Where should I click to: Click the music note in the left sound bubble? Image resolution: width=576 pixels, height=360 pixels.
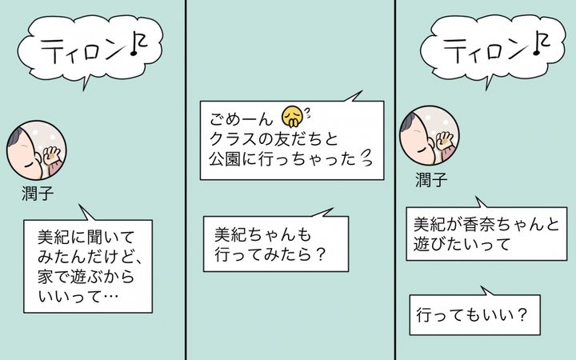pyautogui.click(x=138, y=42)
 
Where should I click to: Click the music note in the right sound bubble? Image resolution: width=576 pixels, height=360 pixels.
pyautogui.click(x=542, y=42)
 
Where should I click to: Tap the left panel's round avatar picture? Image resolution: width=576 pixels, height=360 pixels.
pyautogui.click(x=36, y=150)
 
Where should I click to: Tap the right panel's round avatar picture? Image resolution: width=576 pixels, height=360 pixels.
pyautogui.click(x=430, y=135)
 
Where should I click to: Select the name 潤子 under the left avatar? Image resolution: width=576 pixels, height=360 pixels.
pyautogui.click(x=38, y=194)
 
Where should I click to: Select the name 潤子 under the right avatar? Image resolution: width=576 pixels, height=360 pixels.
pyautogui.click(x=431, y=180)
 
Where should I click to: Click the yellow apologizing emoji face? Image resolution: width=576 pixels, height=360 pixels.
pyautogui.click(x=293, y=117)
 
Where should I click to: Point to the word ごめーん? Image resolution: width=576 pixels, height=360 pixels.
pyautogui.click(x=242, y=119)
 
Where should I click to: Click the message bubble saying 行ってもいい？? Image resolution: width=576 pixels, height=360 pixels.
pyautogui.click(x=474, y=315)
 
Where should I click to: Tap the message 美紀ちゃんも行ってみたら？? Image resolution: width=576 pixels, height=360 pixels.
pyautogui.click(x=276, y=244)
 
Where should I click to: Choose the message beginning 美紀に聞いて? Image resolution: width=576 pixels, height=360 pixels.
pyautogui.click(x=88, y=266)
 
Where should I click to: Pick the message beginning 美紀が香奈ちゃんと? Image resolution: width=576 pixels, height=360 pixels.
pyautogui.click(x=486, y=234)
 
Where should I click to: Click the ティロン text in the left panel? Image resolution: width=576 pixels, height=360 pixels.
pyautogui.click(x=86, y=50)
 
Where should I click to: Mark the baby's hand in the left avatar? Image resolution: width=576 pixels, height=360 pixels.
pyautogui.click(x=51, y=155)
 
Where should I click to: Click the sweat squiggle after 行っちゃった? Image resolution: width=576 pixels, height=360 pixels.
pyautogui.click(x=366, y=158)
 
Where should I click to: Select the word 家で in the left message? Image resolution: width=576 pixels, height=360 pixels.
pyautogui.click(x=54, y=277)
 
